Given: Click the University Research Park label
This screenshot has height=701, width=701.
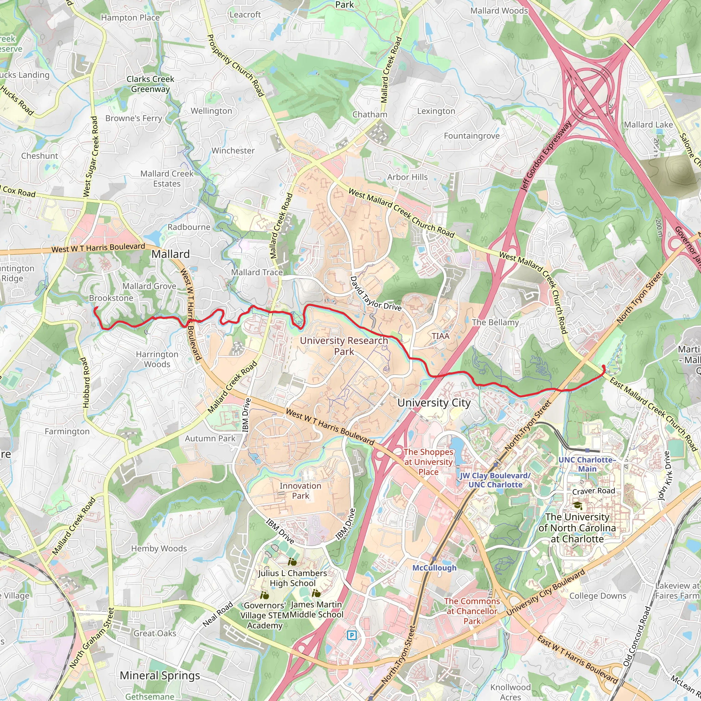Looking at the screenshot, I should tap(344, 346).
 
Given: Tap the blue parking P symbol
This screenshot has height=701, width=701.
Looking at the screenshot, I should tap(351, 635).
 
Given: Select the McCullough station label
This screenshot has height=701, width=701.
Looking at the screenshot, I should tap(434, 568).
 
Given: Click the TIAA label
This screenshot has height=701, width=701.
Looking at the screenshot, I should tap(441, 336).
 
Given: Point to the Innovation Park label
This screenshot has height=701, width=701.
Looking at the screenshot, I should tap(300, 490).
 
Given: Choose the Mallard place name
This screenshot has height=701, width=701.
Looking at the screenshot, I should tap(170, 254).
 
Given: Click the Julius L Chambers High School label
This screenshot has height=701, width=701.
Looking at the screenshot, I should tap(292, 578).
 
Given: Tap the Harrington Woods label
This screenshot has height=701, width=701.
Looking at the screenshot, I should tap(157, 359).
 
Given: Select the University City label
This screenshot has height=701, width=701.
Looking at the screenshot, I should tap(434, 403).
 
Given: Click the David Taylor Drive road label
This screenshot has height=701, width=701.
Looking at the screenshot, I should tap(375, 293).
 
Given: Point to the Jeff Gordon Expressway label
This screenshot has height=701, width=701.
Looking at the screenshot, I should tap(546, 156).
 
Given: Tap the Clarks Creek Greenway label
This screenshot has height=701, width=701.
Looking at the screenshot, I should tap(150, 84).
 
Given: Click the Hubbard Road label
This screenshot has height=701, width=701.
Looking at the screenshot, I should tap(85, 382).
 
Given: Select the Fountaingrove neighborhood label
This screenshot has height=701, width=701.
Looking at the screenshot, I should tap(472, 136).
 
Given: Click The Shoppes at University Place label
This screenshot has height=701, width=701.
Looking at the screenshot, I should tap(428, 461).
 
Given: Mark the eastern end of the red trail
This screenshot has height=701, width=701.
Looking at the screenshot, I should tap(603, 367).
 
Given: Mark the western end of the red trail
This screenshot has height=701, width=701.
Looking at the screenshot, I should tap(95, 308).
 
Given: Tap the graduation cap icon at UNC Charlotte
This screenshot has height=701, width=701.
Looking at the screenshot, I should tap(577, 505).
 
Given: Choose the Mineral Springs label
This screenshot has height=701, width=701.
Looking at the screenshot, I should tap(160, 675).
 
